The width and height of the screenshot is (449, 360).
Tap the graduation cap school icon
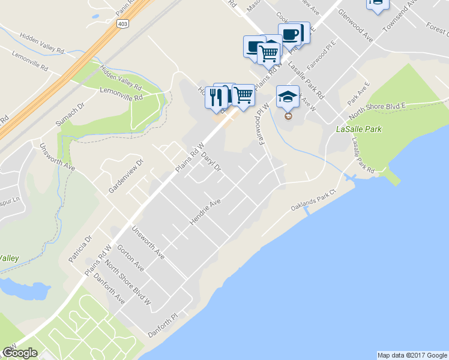point(288,96)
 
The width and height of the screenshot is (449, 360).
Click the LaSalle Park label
point(359,129)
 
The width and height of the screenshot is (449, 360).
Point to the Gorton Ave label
point(131,257)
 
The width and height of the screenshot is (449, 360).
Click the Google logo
point(20,353)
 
